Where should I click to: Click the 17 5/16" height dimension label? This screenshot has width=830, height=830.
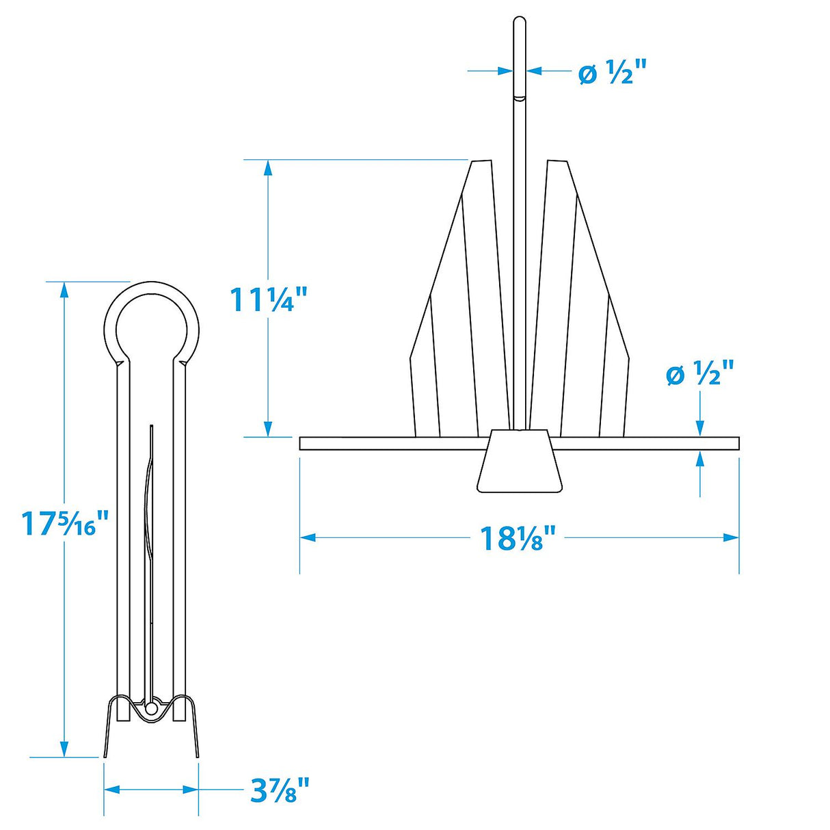click(x=65, y=524)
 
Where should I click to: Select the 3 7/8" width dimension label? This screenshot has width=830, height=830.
click(x=280, y=791)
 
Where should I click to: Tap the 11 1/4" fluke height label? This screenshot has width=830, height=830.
click(x=263, y=299)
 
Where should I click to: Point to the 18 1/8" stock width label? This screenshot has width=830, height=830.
click(x=518, y=538)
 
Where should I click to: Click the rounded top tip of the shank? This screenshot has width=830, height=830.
click(x=520, y=22)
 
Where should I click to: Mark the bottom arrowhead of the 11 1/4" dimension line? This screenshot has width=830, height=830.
click(x=268, y=429)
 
